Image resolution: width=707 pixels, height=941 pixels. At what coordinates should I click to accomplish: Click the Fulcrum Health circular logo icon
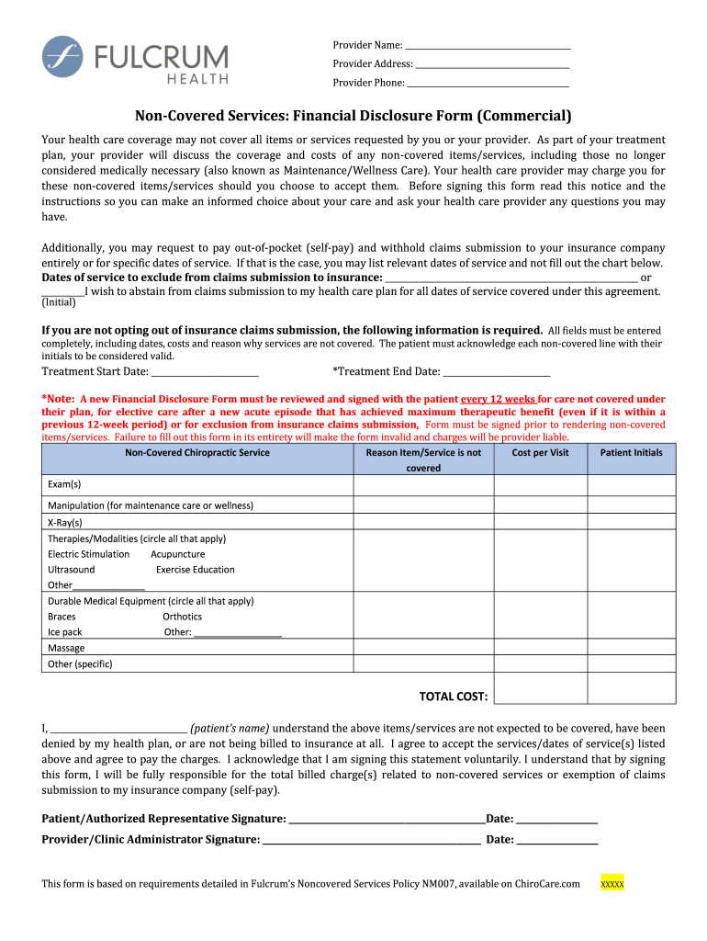[x=62, y=56]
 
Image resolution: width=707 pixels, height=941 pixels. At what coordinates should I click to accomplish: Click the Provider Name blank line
[x=488, y=47]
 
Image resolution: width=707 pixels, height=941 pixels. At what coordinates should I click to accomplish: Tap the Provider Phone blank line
[x=488, y=84]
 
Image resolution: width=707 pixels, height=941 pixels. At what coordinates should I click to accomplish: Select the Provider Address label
[x=372, y=64]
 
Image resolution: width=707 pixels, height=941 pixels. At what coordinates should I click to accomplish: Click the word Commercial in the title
[x=523, y=116]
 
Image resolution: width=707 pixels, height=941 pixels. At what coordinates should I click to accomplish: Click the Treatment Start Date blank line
[x=205, y=372]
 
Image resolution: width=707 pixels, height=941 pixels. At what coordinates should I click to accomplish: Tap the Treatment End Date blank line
[x=497, y=372]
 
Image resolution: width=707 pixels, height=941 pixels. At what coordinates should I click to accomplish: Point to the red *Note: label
[x=59, y=399]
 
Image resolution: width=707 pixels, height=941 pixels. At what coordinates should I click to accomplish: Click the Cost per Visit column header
[x=540, y=452]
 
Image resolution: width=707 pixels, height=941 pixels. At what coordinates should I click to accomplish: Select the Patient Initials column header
[x=631, y=452]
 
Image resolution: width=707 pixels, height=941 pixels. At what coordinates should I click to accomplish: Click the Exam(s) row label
[x=64, y=484]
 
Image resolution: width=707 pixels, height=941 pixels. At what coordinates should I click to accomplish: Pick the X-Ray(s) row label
[x=64, y=522]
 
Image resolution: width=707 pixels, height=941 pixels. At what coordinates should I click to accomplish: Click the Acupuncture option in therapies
[x=177, y=554]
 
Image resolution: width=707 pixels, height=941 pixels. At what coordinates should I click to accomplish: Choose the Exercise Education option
[x=195, y=570]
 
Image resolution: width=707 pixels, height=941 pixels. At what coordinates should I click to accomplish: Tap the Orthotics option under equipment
[x=182, y=617]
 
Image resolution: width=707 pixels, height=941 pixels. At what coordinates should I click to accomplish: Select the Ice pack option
[x=64, y=632]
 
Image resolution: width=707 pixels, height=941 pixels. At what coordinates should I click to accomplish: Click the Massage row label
[x=65, y=648]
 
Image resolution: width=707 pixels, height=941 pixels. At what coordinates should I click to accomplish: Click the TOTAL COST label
[x=454, y=697]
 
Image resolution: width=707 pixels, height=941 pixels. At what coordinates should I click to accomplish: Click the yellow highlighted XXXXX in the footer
[x=612, y=884]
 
